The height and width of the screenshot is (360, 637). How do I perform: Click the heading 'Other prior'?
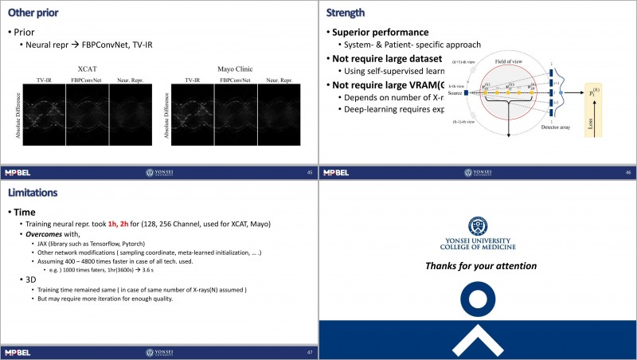pos(37,13)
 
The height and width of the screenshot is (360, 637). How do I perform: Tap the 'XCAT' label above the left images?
pos(87,70)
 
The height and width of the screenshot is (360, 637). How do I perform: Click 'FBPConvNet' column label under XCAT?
pos(86,80)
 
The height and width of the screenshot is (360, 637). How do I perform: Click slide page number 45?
pos(309,172)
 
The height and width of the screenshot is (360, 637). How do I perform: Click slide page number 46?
pos(628,172)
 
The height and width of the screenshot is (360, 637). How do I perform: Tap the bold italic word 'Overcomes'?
pos(45,235)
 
